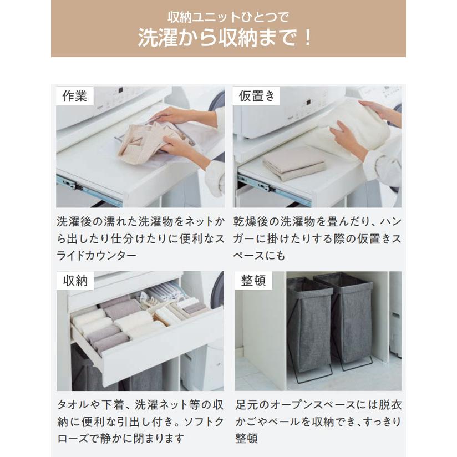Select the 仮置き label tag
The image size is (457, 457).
(256, 96)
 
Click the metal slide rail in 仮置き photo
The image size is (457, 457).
(266, 187)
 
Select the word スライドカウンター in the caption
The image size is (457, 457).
(97, 256)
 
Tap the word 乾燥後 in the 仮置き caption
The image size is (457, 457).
(251, 222)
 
